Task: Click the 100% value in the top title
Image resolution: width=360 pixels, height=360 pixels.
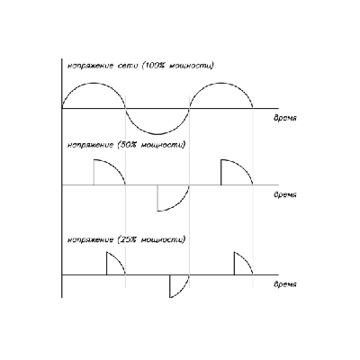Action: [x=154, y=66]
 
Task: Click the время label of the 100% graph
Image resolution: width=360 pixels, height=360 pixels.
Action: [x=285, y=118]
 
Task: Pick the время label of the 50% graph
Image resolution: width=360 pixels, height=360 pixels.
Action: [x=285, y=194]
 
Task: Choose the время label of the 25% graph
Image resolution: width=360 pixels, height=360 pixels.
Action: [x=285, y=284]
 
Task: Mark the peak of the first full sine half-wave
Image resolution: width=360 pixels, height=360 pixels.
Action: [x=94, y=83]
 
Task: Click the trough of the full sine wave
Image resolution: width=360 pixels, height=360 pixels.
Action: [x=157, y=134]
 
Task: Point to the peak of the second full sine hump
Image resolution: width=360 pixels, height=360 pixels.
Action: [x=221, y=83]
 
